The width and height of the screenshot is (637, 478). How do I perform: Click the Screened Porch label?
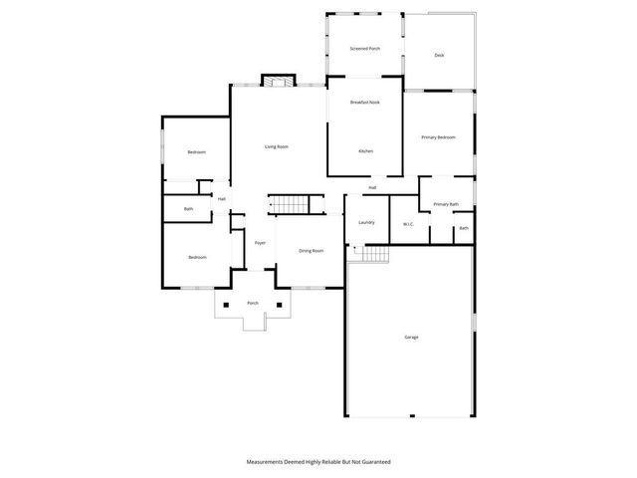(364, 49)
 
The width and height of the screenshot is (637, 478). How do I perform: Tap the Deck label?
(439, 55)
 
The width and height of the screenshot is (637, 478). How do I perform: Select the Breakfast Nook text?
(364, 103)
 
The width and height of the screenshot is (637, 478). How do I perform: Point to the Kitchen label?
(365, 150)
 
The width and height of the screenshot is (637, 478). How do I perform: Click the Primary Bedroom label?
(438, 137)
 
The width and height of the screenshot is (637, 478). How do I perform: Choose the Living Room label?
(276, 147)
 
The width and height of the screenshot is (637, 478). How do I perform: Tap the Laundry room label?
(365, 222)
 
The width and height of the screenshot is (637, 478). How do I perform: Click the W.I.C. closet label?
(408, 224)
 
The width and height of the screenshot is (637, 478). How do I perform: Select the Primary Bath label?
(446, 204)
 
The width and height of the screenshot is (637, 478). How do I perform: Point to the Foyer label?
(260, 243)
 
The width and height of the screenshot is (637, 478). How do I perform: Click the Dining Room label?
(312, 250)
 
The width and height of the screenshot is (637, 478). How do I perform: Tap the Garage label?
(411, 338)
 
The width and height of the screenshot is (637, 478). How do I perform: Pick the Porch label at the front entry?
(253, 304)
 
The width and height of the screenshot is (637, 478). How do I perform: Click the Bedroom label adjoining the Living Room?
(197, 152)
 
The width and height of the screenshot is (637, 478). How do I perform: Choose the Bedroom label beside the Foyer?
(197, 258)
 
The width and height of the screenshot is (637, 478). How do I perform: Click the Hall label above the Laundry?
(372, 187)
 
